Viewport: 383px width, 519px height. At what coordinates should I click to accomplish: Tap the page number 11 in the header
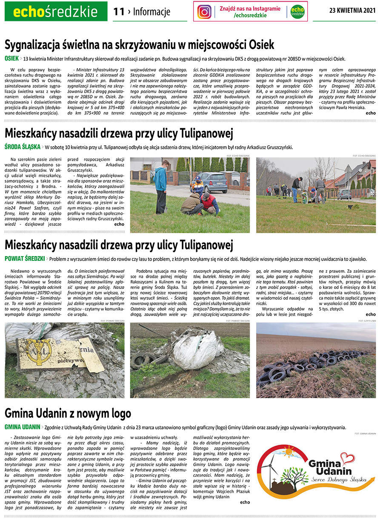point(119,12)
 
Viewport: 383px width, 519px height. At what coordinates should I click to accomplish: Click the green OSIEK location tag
point(11,58)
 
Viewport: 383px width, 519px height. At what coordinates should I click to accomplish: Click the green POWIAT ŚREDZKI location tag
point(25,259)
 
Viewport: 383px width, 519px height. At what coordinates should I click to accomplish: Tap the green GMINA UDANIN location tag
point(22,427)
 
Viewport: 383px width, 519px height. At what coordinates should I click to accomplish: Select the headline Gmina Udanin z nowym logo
point(68,413)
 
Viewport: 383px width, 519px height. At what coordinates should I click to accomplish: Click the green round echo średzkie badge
point(297,12)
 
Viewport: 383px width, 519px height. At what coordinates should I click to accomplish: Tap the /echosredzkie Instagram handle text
point(250,16)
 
